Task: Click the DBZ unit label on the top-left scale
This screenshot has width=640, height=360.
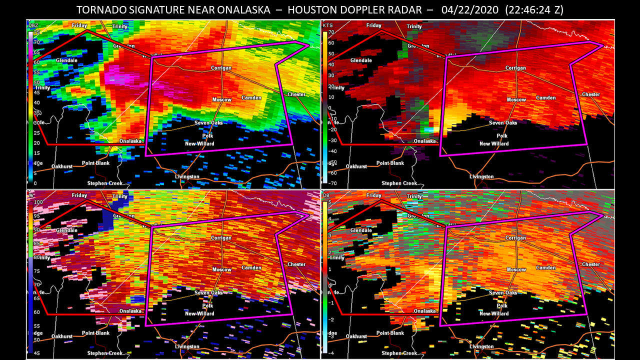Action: coord(33,25)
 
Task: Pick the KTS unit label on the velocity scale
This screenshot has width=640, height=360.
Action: coord(328,25)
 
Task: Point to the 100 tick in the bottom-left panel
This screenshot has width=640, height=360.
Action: coord(36,202)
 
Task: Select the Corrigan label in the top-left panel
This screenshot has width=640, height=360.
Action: coord(220,68)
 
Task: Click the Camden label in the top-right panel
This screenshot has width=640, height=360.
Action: coord(546,97)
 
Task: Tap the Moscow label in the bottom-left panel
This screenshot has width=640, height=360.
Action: coord(221,269)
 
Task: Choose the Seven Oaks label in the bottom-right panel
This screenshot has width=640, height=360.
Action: coord(503,292)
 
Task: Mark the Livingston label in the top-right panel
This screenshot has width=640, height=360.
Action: coord(481,176)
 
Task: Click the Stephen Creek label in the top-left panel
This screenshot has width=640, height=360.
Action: coord(104,183)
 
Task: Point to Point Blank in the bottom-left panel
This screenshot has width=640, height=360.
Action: coord(95,333)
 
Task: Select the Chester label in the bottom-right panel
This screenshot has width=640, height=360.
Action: coord(591,264)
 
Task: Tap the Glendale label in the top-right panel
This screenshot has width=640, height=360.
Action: coord(361,60)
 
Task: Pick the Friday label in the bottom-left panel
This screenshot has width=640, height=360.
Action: coord(79,195)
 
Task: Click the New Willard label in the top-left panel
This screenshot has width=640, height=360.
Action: coord(199,144)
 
